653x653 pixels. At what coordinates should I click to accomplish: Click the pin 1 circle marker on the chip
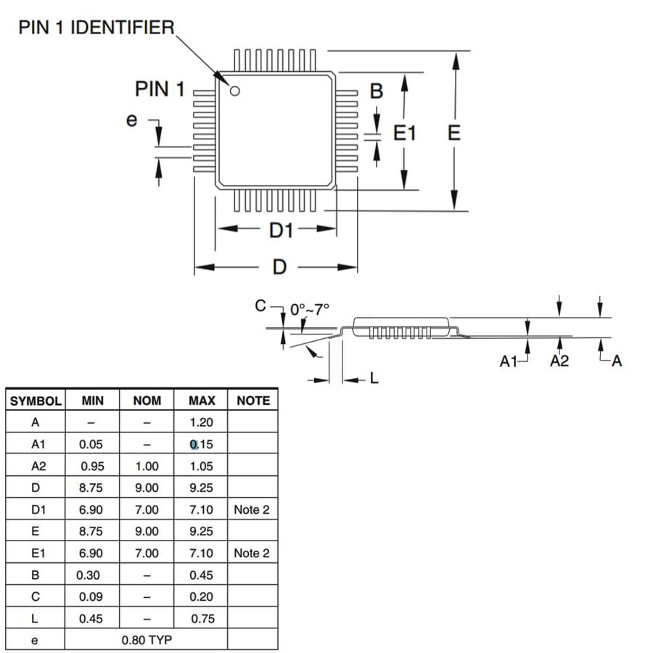[235, 91]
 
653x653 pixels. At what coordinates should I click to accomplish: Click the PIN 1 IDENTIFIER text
[96, 28]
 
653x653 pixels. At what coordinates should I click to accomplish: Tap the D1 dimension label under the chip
[281, 230]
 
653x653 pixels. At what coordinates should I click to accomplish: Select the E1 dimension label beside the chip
[404, 134]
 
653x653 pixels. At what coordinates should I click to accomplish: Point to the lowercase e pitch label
[131, 120]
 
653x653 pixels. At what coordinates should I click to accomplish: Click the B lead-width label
[377, 91]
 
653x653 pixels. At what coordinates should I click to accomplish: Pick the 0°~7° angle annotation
[309, 309]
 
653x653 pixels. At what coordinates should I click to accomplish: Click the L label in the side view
[374, 378]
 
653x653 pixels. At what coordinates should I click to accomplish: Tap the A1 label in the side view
[509, 361]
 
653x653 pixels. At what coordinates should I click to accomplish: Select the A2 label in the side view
[559, 361]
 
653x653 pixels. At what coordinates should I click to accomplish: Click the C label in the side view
[260, 305]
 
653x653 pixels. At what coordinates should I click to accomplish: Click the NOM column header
[147, 401]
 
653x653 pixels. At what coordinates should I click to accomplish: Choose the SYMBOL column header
[36, 401]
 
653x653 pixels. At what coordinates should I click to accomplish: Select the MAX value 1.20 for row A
[201, 422]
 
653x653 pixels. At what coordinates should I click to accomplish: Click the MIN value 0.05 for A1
[91, 444]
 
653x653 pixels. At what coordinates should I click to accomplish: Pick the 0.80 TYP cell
[147, 640]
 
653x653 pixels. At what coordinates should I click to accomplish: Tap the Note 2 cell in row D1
[252, 509]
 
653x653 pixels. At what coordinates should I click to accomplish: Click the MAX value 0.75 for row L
[203, 618]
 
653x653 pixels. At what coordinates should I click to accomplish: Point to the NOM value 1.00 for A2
[147, 466]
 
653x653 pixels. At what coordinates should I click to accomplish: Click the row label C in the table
[36, 596]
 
